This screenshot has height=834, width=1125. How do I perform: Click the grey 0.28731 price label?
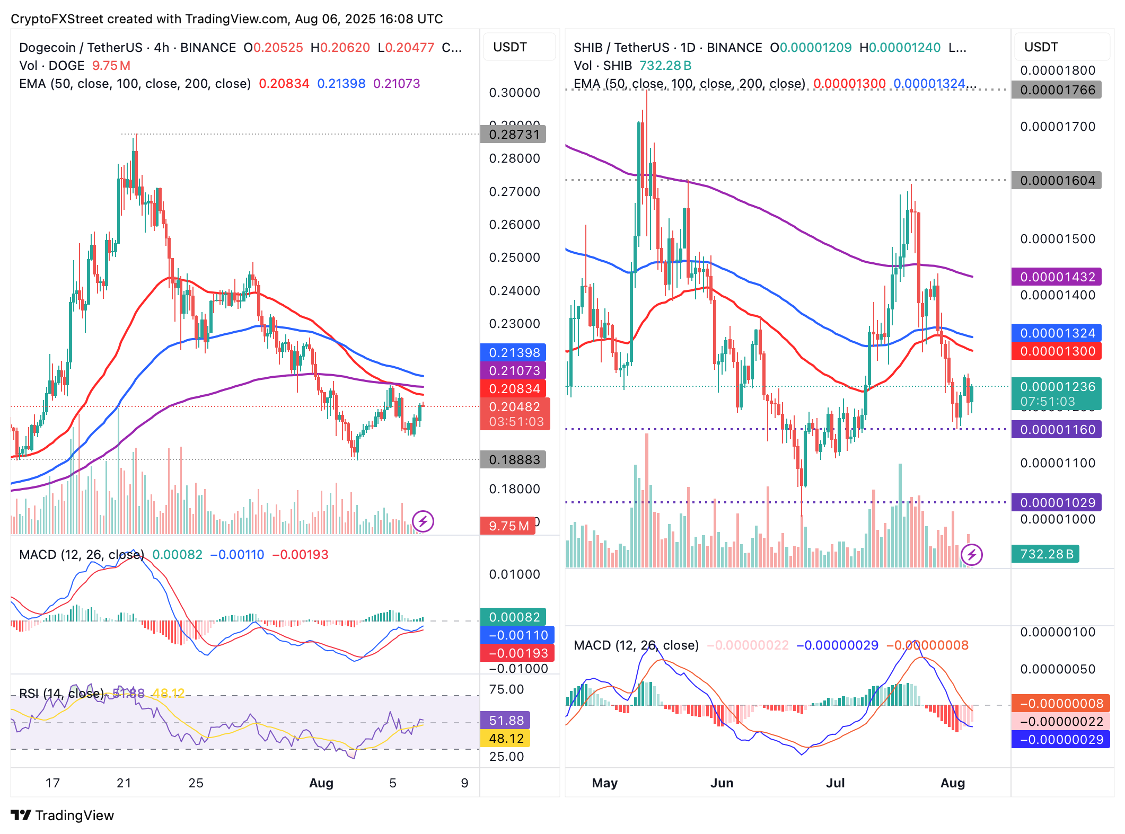point(513,135)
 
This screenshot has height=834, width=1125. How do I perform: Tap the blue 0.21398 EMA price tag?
point(513,353)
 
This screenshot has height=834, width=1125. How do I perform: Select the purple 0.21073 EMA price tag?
point(513,371)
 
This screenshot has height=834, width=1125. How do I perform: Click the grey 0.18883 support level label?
point(513,460)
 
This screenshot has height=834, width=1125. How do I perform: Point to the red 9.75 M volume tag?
point(507,526)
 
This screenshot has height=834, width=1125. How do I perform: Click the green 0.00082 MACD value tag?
point(513,617)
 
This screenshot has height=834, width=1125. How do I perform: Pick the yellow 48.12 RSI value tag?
point(505,739)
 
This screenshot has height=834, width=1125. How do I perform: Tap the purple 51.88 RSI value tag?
point(505,721)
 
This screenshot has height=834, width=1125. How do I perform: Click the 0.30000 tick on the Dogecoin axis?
point(514,93)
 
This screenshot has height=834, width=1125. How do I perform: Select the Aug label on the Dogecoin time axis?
point(321,783)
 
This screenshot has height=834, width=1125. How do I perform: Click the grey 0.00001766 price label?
point(1057,90)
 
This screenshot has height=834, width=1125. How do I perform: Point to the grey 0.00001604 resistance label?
point(1057,181)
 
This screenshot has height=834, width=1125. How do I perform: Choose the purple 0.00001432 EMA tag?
point(1057,277)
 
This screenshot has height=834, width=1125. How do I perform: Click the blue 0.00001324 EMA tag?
point(1057,333)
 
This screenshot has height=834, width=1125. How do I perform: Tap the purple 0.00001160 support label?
point(1057,430)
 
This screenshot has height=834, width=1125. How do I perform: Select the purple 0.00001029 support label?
point(1057,503)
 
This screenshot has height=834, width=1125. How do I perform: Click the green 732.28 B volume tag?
point(1045,554)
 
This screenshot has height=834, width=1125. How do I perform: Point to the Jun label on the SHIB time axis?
point(722,783)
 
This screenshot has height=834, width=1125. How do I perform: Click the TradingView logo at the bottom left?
point(62,815)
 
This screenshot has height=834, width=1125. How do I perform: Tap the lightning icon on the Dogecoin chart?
point(423,521)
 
